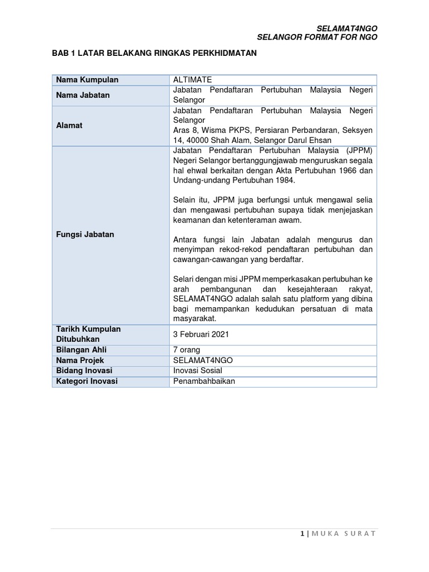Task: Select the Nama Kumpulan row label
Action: click(x=87, y=80)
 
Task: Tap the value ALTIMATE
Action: click(x=193, y=80)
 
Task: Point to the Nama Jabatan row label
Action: click(x=83, y=95)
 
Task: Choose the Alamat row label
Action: click(x=69, y=125)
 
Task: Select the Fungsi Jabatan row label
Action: click(x=85, y=235)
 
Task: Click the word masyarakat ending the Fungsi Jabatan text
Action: click(x=194, y=318)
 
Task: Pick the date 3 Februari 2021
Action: click(x=201, y=334)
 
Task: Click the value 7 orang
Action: click(x=187, y=350)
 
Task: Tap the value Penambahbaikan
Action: click(x=204, y=381)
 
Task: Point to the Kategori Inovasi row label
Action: click(x=87, y=381)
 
